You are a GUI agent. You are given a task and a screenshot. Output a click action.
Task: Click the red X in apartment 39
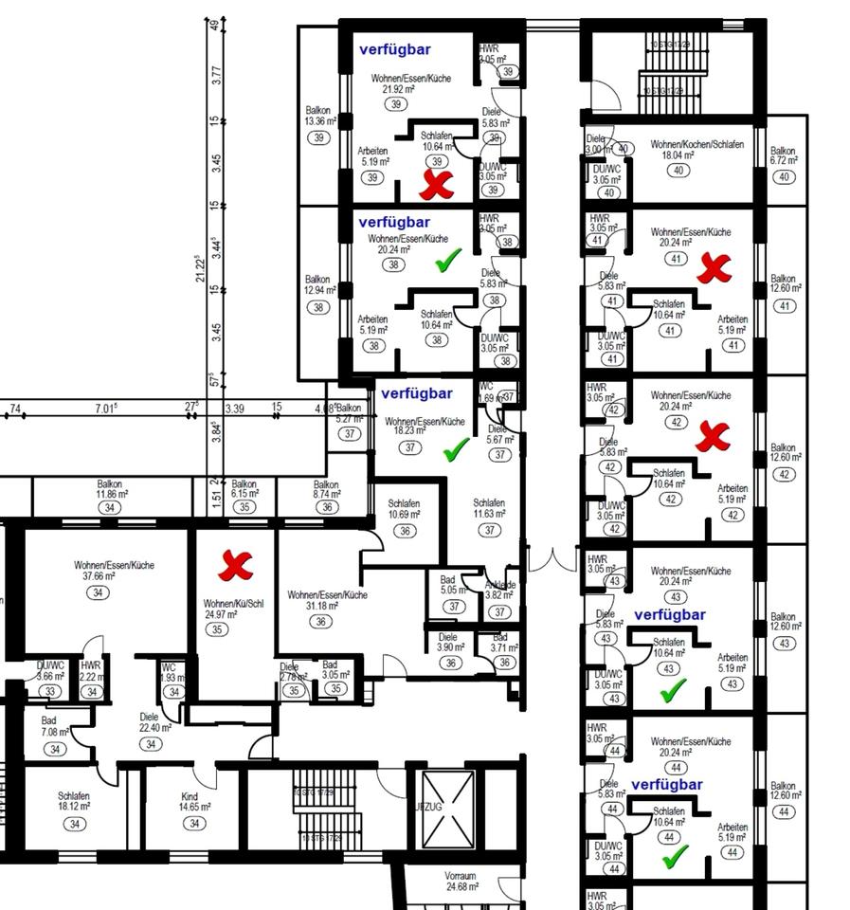pos(437,185)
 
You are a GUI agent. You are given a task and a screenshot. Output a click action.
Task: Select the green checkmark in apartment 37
pos(457,449)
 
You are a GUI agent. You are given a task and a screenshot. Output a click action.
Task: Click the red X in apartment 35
pos(233,567)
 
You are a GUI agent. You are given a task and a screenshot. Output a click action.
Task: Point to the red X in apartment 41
pos(714,269)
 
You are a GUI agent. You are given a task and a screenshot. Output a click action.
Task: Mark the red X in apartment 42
pos(714,437)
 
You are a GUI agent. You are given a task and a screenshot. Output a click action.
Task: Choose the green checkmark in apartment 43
pos(671,692)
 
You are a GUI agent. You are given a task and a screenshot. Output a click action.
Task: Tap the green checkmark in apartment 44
pos(675,857)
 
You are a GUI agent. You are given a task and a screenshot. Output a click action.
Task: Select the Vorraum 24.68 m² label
pos(461,882)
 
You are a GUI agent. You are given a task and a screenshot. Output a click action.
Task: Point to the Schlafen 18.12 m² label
pos(73,802)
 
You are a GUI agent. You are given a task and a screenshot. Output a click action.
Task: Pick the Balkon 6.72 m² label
pos(783,156)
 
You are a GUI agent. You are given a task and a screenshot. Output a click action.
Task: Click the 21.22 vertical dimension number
pos(200,267)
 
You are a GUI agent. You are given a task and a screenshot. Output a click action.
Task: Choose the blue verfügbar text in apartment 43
pos(669,615)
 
